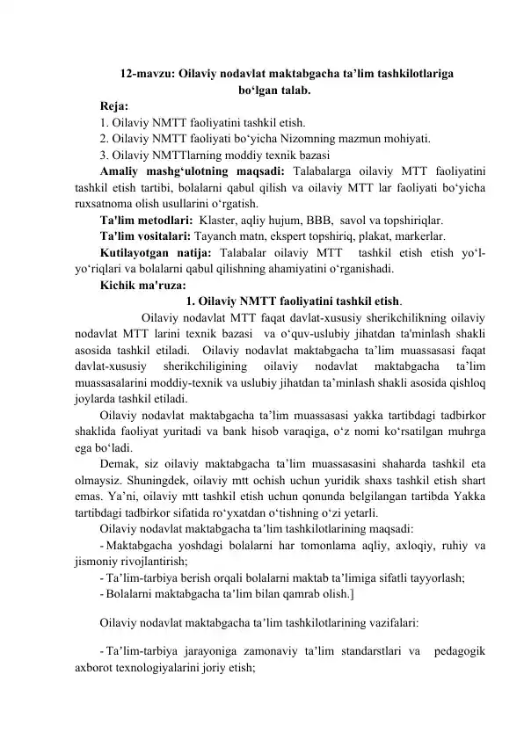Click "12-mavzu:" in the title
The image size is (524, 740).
pos(147,75)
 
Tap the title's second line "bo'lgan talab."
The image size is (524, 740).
pos(273,90)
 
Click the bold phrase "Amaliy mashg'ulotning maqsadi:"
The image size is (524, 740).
pos(192,169)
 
